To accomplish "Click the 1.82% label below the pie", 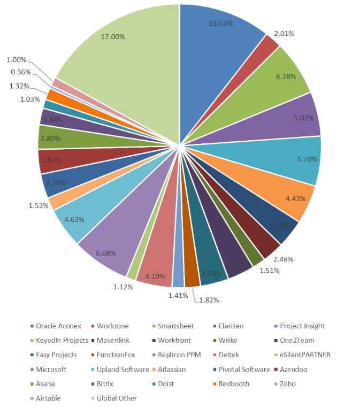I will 209,300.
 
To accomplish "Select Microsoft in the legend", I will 52,370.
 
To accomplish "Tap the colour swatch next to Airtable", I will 32,398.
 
